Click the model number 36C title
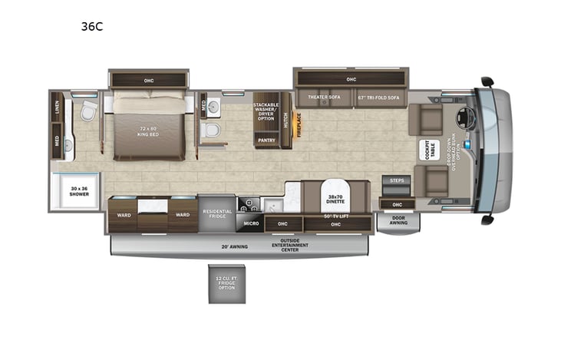(x=92, y=25)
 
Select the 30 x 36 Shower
(x=79, y=191)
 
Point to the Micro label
(x=251, y=223)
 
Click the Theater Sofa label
(x=323, y=97)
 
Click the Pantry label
(x=266, y=140)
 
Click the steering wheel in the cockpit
(x=464, y=118)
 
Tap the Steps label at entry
(x=396, y=180)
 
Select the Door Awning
(x=398, y=220)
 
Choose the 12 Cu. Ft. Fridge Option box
(x=225, y=283)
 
